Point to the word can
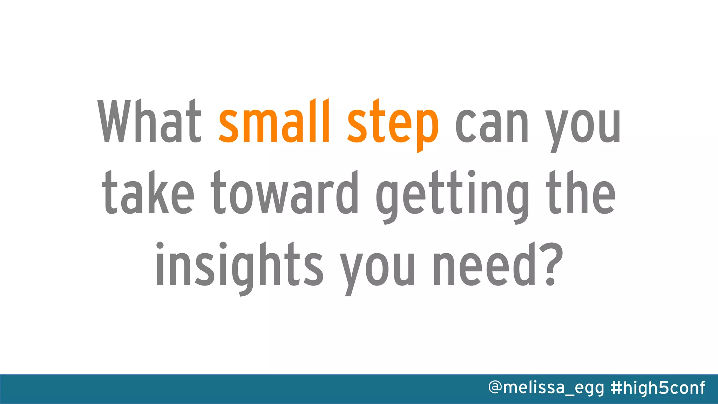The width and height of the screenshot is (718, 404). (492, 125)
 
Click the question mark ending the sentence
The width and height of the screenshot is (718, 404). (551, 265)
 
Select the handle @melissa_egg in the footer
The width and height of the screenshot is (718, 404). (546, 388)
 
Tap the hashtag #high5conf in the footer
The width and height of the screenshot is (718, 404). (658, 388)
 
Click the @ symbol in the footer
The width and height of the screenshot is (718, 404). (495, 388)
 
